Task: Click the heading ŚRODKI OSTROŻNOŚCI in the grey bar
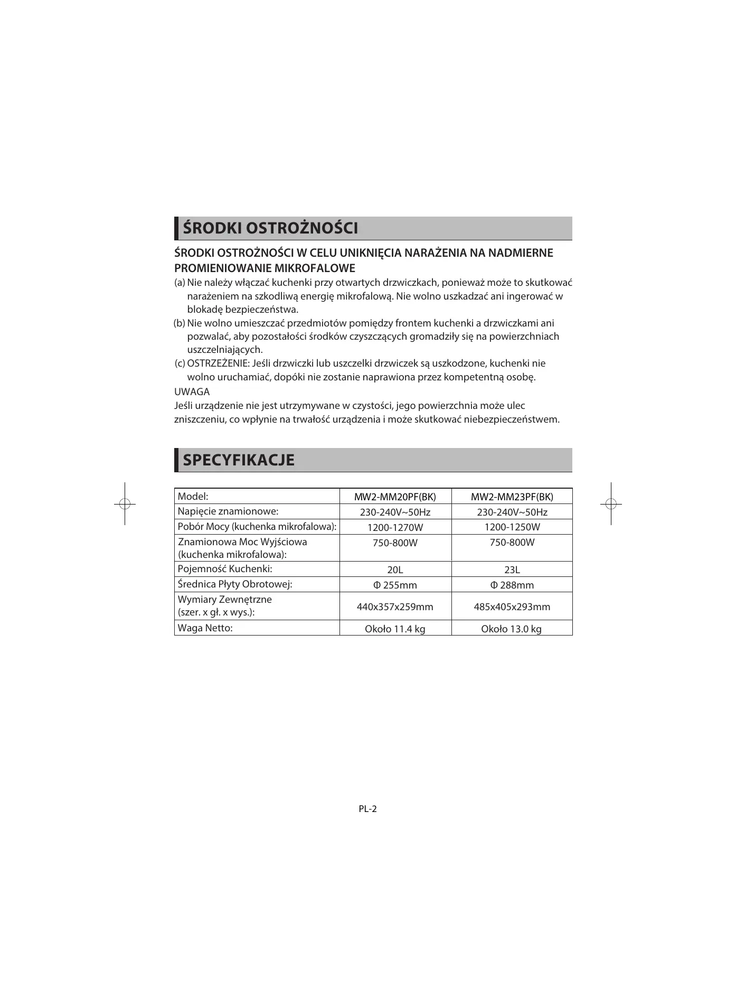click(270, 228)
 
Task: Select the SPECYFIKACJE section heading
click(238, 460)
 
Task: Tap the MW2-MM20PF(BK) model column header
click(395, 497)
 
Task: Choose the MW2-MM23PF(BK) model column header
click(512, 497)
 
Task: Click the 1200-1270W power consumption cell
click(395, 527)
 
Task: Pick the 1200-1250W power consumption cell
click(512, 527)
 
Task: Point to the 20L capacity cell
click(395, 570)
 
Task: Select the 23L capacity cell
click(512, 570)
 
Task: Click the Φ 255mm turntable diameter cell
click(395, 585)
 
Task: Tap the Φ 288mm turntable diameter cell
click(512, 585)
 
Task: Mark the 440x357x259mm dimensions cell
click(395, 607)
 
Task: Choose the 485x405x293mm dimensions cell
click(512, 607)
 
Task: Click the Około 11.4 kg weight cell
click(395, 629)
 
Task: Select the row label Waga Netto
click(205, 628)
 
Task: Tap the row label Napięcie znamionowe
click(228, 511)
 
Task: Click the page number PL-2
click(367, 809)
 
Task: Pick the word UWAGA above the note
click(192, 392)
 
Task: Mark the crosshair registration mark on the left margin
click(125, 504)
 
